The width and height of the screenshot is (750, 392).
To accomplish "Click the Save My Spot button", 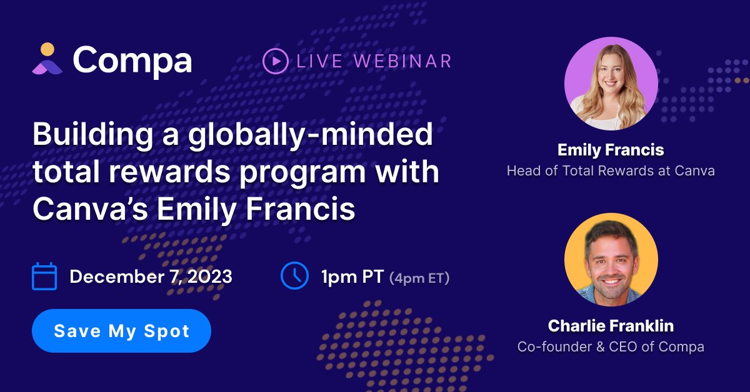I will [x=121, y=331].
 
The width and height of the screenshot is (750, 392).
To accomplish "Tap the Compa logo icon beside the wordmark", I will [x=47, y=59].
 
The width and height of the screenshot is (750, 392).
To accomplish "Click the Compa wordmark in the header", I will [x=132, y=60].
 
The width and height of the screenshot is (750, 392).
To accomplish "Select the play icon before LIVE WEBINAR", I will [x=275, y=61].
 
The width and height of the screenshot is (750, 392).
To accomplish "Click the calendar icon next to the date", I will [x=44, y=277].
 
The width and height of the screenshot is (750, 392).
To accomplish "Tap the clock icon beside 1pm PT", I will [x=294, y=276].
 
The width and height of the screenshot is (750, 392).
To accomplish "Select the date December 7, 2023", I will [x=151, y=277].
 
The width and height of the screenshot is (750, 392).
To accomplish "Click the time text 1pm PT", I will [x=352, y=277].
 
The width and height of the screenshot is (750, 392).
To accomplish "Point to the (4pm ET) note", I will [x=419, y=278].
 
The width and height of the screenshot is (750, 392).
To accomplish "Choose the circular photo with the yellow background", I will [x=611, y=260].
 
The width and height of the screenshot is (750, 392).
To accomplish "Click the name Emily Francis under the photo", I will [x=611, y=150].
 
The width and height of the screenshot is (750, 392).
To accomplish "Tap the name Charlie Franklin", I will [x=611, y=326].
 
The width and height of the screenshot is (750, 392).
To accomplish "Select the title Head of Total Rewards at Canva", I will [x=611, y=170].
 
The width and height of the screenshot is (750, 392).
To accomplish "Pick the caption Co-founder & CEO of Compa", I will [x=611, y=346].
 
